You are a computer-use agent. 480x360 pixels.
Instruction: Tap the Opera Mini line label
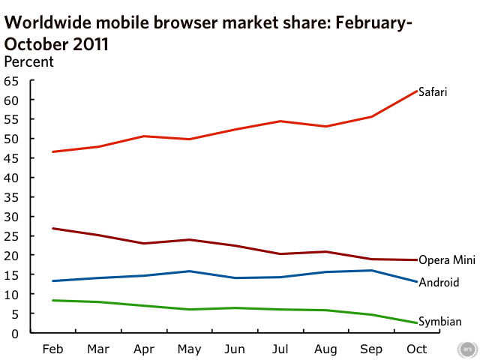point(447,259)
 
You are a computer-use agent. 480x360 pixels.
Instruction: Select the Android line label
point(439,283)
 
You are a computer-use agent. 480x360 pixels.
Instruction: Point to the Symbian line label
point(439,322)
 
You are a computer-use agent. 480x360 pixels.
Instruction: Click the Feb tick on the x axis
point(52,349)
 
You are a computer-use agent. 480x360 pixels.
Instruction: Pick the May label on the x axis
point(189,349)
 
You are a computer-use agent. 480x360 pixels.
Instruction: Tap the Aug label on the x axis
point(325,349)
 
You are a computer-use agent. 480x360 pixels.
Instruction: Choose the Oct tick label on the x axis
point(418,349)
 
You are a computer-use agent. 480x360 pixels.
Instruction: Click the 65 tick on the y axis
point(10,81)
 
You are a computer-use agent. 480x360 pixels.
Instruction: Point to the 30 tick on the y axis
point(10,217)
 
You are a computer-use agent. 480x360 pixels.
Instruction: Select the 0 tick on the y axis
point(14,333)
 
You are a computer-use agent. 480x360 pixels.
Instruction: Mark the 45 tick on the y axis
point(10,158)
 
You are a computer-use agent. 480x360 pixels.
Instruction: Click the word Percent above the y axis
point(29,61)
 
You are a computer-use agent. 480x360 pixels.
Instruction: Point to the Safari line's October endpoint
point(418,91)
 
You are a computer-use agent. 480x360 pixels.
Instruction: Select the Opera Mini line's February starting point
point(52,229)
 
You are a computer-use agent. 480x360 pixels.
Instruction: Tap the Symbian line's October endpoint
point(418,323)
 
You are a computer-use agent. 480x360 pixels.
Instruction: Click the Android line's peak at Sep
point(372,270)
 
